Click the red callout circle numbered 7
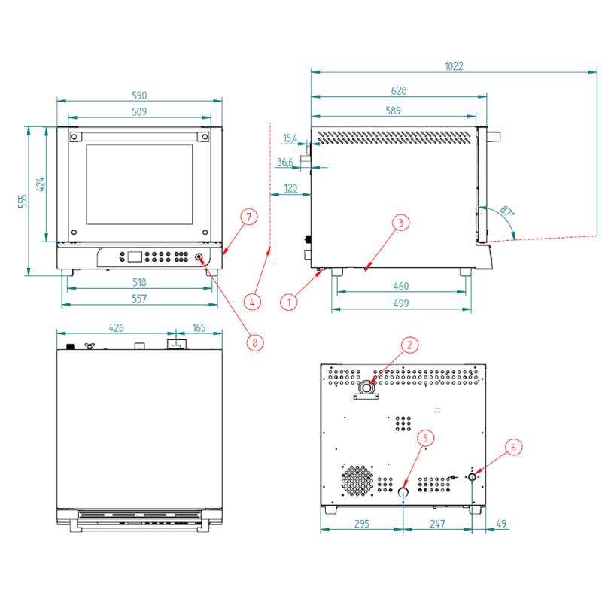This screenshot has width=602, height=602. (249, 217)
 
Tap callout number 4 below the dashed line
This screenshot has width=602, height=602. (254, 302)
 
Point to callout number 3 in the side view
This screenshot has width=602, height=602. (401, 222)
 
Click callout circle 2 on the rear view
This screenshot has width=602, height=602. (409, 345)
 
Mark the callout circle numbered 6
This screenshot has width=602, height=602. (514, 447)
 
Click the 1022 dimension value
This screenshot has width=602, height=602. (454, 66)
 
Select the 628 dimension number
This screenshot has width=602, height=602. (399, 91)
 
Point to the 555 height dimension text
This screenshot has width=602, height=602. (23, 201)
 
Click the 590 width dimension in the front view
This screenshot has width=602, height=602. (139, 96)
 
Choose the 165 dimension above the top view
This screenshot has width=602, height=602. (199, 328)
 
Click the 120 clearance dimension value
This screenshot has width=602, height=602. (290, 187)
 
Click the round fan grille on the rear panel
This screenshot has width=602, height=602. (357, 479)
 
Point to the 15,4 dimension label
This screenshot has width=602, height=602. (290, 138)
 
